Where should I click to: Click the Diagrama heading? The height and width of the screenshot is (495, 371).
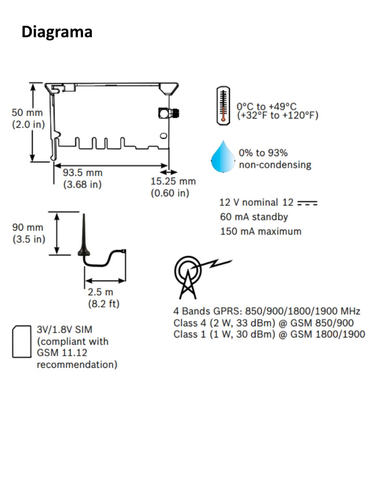[57, 32]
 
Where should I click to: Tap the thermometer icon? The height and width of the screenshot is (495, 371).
[223, 105]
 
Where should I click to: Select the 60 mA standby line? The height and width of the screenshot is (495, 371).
[254, 217]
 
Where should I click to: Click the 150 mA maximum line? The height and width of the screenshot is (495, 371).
[260, 231]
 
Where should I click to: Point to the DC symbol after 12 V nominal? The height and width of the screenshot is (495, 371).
[307, 204]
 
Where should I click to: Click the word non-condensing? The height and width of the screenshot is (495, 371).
[275, 165]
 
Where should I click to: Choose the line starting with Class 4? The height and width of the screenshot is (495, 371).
[263, 322]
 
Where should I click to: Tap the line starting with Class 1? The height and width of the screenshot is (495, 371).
[269, 334]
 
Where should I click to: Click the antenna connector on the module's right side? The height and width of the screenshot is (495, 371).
[169, 113]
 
